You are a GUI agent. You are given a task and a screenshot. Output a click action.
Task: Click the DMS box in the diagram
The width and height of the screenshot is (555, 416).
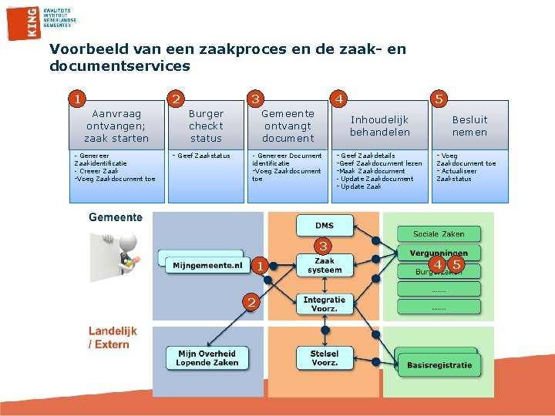click(x=325, y=225)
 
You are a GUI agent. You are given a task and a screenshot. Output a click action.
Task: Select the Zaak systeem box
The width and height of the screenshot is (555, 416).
click(x=325, y=266)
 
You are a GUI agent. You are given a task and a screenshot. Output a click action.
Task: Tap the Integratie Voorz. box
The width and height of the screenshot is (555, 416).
click(x=325, y=304)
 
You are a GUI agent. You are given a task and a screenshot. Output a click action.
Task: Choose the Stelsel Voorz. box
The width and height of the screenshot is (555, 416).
click(x=325, y=358)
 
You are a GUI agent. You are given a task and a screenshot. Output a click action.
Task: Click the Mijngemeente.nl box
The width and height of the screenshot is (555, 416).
click(x=207, y=265)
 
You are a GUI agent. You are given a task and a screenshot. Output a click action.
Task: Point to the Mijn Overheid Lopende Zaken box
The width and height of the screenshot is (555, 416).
click(x=207, y=358)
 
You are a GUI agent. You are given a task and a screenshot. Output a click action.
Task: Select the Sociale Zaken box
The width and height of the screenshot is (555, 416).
click(x=439, y=233)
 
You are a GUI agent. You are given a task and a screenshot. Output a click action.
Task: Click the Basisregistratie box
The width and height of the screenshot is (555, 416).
click(x=439, y=364)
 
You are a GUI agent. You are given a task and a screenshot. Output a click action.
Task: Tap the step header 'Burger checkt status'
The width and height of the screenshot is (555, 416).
click(x=206, y=126)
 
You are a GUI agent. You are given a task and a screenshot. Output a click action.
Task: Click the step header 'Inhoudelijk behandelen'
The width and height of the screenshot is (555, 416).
click(x=379, y=126)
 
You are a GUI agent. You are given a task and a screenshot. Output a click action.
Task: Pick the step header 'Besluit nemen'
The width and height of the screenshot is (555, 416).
click(x=469, y=126)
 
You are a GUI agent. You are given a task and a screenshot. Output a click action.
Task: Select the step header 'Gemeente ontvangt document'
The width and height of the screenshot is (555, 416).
click(x=288, y=126)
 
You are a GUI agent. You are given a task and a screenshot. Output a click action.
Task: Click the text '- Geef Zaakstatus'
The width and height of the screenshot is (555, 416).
click(x=201, y=156)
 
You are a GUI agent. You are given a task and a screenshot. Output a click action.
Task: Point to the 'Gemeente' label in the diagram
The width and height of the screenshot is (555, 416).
click(x=116, y=217)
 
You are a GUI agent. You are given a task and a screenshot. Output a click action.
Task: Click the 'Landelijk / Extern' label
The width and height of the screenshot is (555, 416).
click(x=113, y=337)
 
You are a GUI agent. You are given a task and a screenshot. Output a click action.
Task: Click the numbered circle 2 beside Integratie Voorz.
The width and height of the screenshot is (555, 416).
click(x=251, y=301)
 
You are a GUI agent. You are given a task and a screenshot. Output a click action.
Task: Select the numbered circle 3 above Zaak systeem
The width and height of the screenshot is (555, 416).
click(x=324, y=247)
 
